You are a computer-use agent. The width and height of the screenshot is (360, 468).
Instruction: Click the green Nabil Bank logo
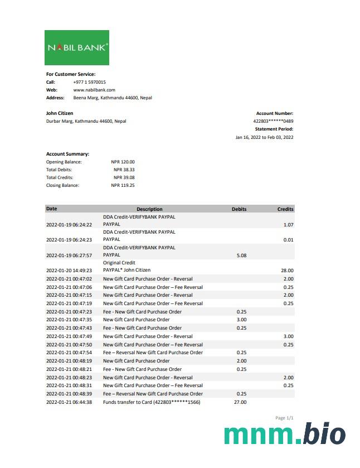pyautogui.click(x=77, y=47)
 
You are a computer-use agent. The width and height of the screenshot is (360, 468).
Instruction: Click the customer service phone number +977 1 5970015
pyautogui.click(x=89, y=82)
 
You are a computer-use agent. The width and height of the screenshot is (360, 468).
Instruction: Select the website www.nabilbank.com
pyautogui.click(x=94, y=90)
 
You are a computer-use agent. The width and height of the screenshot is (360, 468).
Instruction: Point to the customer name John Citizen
pyautogui.click(x=59, y=113)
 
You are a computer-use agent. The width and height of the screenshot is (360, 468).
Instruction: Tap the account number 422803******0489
pyautogui.click(x=273, y=121)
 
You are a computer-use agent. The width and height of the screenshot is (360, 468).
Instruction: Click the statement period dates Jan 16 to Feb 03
pyautogui.click(x=264, y=137)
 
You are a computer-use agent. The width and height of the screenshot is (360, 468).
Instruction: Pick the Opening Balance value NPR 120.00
pyautogui.click(x=123, y=162)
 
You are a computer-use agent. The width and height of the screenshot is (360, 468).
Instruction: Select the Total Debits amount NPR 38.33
pyautogui.click(x=124, y=170)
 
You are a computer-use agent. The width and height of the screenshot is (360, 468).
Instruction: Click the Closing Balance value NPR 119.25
pyautogui.click(x=123, y=185)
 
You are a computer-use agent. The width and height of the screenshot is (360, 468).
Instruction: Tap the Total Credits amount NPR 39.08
pyautogui.click(x=124, y=177)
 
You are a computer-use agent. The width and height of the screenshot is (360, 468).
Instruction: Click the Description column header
pyautogui.click(x=149, y=209)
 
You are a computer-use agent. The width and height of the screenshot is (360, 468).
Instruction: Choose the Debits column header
pyautogui.click(x=239, y=209)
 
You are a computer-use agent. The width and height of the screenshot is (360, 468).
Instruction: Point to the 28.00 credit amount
pyautogui.click(x=287, y=271)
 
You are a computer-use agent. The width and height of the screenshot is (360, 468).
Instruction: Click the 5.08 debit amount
pyautogui.click(x=241, y=255)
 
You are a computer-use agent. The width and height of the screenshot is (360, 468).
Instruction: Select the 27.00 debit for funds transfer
pyautogui.click(x=241, y=402)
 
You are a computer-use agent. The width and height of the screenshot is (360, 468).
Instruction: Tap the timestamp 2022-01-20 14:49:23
pyautogui.click(x=69, y=271)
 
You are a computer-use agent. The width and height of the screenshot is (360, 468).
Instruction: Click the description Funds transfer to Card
pyautogui.click(x=151, y=402)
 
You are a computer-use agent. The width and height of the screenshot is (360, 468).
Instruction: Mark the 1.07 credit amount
pyautogui.click(x=288, y=225)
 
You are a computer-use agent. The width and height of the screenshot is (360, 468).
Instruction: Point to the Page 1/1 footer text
pyautogui.click(x=284, y=418)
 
